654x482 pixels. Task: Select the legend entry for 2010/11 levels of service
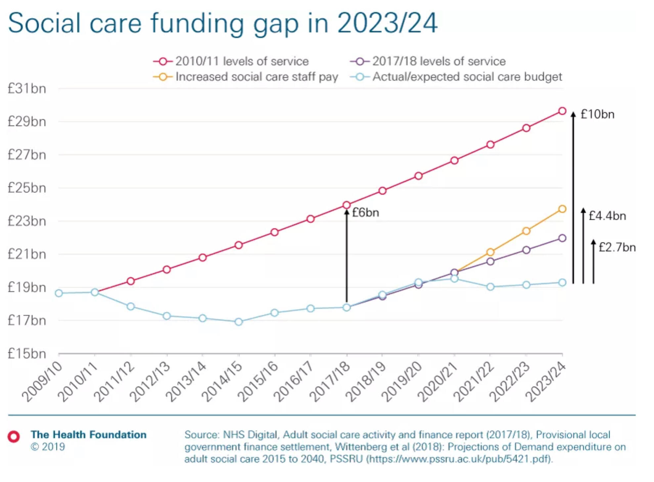tap(231, 61)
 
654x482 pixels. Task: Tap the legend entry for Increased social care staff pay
tap(245, 77)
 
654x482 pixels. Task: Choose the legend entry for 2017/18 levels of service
tap(428, 61)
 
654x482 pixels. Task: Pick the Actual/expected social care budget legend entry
tap(456, 77)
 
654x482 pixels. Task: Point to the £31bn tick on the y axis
tap(27, 89)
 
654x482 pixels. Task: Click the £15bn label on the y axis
tap(27, 354)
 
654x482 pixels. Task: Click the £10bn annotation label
tap(597, 114)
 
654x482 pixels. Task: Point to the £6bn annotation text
tap(366, 212)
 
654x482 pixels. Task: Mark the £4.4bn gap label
tap(607, 216)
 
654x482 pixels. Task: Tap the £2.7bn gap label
tap(617, 247)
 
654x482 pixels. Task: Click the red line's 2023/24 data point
tap(562, 111)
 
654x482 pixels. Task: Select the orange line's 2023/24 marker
tap(562, 209)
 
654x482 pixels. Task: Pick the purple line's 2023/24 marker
tap(562, 238)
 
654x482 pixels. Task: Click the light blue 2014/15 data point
tap(239, 322)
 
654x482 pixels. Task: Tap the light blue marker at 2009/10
tap(59, 293)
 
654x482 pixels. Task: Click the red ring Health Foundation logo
tap(14, 436)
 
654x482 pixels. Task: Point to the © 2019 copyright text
tap(48, 447)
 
